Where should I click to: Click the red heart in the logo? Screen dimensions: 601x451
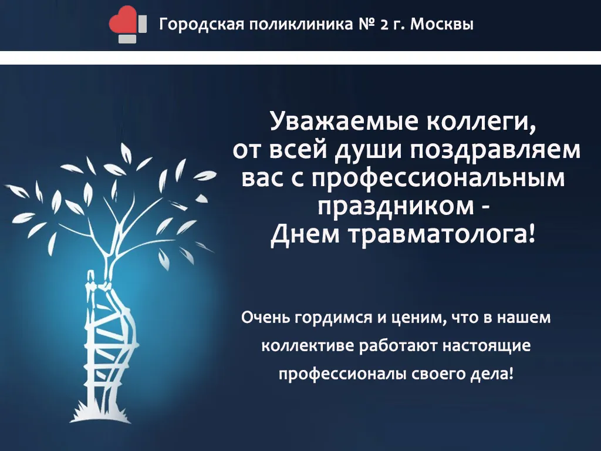[x=122, y=19]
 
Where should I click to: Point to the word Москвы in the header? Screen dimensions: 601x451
[x=442, y=25]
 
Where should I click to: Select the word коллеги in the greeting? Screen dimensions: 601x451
[x=481, y=122]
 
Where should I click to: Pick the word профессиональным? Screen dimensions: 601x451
[x=438, y=179]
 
